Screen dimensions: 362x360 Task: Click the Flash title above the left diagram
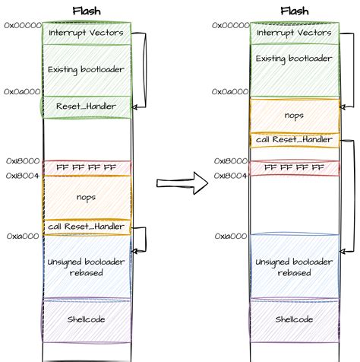(x=87, y=11)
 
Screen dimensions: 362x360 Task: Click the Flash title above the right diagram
(x=294, y=11)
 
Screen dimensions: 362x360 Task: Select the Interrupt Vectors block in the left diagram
(x=87, y=33)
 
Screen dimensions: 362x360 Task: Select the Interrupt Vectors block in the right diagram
(x=295, y=33)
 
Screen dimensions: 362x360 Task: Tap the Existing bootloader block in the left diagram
(x=87, y=70)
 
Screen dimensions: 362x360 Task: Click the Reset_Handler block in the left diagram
(x=87, y=106)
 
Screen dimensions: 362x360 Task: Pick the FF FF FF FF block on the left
(x=87, y=167)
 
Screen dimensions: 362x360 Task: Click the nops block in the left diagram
(x=87, y=197)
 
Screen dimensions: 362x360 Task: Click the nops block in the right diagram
(x=295, y=115)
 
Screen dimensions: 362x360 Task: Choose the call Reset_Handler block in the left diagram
(x=87, y=226)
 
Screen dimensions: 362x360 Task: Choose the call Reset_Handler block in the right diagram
(x=295, y=140)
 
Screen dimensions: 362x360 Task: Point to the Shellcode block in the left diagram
(x=87, y=319)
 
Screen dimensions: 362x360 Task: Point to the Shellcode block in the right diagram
(x=295, y=320)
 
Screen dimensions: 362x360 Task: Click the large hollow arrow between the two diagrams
(x=182, y=183)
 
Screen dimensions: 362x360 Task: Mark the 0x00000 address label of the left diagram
(x=21, y=25)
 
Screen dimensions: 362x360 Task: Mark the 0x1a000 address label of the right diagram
(x=230, y=237)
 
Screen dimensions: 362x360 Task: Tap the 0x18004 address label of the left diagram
(x=21, y=176)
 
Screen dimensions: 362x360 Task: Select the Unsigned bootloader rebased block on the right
(x=295, y=266)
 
